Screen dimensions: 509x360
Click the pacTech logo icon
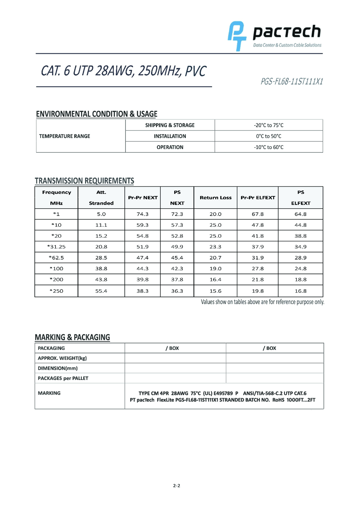point(237,36)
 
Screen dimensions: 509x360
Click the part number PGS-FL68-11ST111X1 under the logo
point(292,81)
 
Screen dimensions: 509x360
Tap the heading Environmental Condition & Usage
point(96,114)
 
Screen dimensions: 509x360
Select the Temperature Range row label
point(65,136)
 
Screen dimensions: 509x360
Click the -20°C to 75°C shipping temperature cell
point(269,125)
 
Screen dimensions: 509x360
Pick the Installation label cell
point(170,136)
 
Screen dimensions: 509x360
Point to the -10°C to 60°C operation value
point(269,147)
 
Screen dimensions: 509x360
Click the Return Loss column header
point(215,198)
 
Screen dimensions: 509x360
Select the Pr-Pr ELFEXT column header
point(258,198)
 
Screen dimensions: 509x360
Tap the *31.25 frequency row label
point(56,247)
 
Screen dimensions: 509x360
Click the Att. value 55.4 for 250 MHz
point(101,291)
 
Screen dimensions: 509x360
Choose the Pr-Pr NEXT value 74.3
point(142,214)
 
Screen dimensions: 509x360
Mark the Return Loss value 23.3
point(215,247)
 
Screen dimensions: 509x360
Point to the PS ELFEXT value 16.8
point(300,291)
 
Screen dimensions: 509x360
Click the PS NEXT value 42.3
point(177,268)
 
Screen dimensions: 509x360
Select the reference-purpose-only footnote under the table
point(262,302)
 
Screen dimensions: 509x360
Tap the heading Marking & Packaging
point(72,337)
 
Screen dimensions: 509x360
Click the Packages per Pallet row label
point(63,378)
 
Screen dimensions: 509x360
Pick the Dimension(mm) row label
point(58,368)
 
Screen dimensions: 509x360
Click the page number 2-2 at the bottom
point(176,486)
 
